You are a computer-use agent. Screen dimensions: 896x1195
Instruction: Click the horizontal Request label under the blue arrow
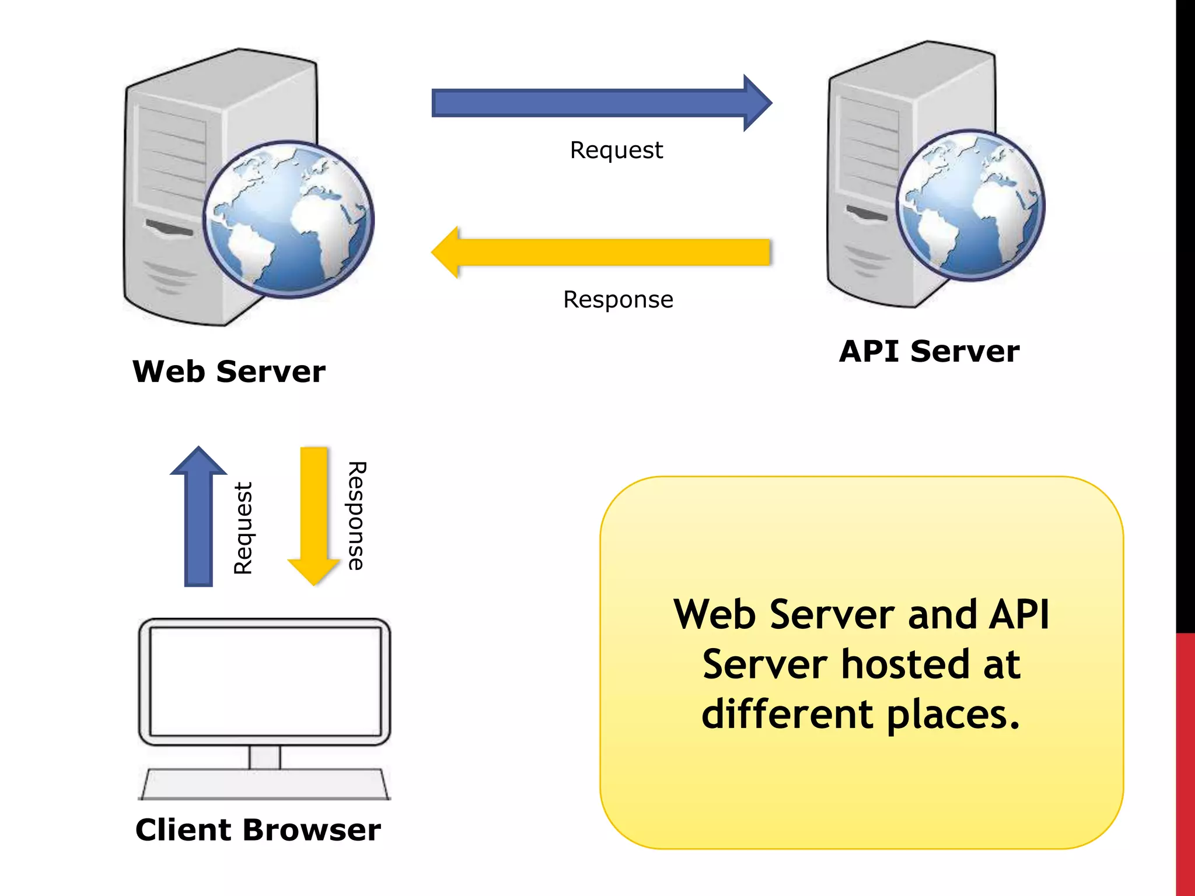tap(616, 150)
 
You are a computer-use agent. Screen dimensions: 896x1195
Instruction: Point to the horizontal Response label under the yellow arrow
tap(618, 300)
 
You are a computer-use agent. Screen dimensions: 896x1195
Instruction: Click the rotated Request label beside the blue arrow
tap(243, 528)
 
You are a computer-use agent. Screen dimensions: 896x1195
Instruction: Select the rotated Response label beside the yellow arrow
tap(355, 516)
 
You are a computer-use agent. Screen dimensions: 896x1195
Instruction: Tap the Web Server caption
tap(229, 372)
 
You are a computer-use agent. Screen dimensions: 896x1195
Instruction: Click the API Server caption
tap(929, 351)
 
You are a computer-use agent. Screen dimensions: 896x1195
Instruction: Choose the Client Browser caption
tap(258, 829)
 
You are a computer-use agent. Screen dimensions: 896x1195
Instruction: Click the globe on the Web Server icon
tap(289, 220)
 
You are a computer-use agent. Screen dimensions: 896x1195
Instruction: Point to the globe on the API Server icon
tap(970, 205)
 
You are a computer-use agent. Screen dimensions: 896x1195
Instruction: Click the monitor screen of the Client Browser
tap(265, 681)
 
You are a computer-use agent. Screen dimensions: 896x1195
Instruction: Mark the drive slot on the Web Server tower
tap(169, 228)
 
